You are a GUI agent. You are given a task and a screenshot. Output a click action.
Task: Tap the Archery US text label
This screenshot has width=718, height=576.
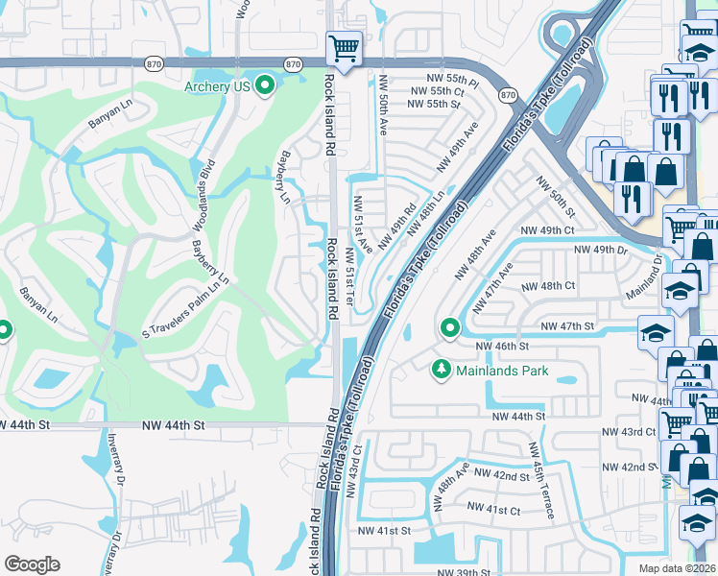217,86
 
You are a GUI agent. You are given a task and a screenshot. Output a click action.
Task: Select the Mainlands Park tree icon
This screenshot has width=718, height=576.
442,369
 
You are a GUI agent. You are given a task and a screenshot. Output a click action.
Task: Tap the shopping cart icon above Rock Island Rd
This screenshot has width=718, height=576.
344,47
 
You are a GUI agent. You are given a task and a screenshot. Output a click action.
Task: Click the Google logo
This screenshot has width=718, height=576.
33,564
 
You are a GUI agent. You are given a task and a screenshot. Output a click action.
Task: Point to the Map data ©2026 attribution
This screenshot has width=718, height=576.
678,568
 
